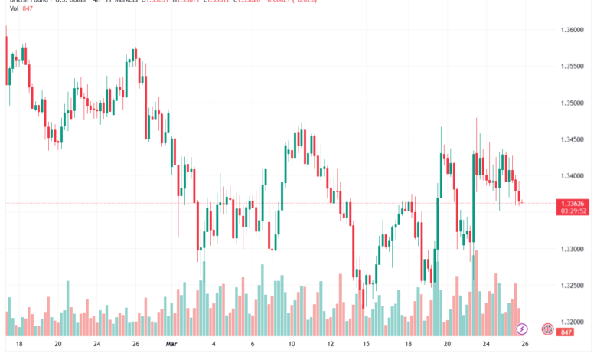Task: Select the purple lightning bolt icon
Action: (522, 329)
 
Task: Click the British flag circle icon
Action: (547, 329)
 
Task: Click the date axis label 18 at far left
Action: (18, 345)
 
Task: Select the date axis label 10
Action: (291, 345)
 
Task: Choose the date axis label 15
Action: (367, 345)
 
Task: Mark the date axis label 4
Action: (214, 345)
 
